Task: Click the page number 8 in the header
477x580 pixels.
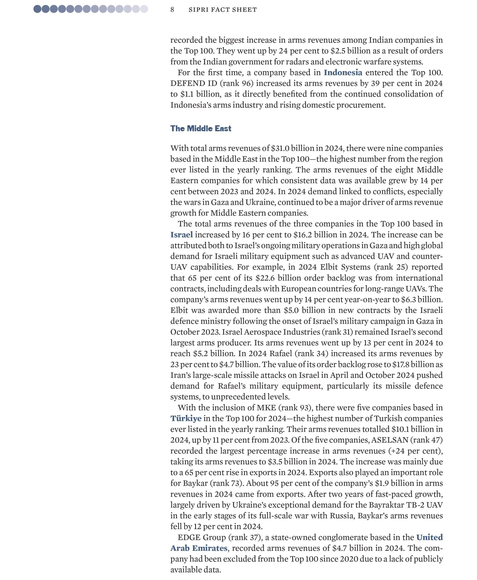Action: [x=172, y=10]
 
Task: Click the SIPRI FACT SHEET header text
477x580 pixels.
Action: [x=223, y=10]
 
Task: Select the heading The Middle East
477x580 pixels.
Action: [x=201, y=128]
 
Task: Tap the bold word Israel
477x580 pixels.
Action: [x=181, y=235]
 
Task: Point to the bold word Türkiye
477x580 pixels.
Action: [x=186, y=418]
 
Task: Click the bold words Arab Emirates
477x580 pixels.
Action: [x=199, y=548]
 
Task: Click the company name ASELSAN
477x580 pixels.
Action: [x=390, y=440]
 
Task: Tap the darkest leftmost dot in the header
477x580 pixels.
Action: [x=37, y=9]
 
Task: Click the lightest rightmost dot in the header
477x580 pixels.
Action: [x=144, y=9]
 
